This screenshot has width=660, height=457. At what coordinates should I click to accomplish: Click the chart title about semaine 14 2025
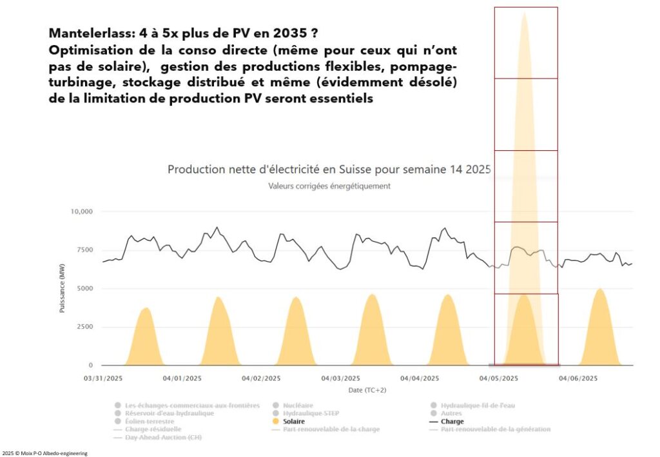click(329, 170)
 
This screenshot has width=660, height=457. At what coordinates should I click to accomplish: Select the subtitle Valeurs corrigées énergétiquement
click(329, 186)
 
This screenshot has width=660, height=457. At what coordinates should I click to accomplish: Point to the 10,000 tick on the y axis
click(82, 211)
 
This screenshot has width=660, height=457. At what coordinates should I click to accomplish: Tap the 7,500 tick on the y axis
click(84, 250)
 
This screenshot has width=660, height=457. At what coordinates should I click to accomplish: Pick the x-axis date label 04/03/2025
click(340, 378)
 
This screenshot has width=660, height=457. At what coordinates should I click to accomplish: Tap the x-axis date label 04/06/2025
click(577, 378)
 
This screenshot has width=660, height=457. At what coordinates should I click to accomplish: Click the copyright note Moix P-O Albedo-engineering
click(44, 453)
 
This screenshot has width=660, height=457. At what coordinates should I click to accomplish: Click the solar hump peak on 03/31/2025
click(146, 308)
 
